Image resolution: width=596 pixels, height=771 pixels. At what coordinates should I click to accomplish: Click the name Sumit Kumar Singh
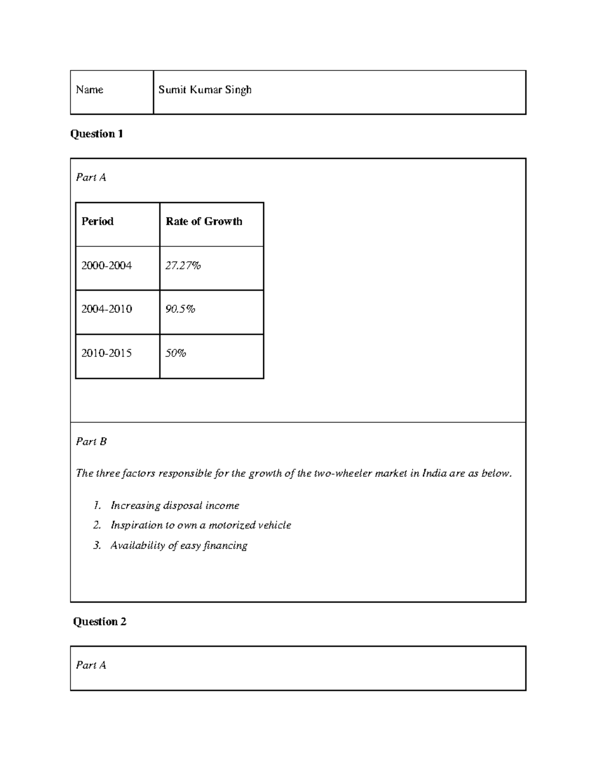[x=205, y=90]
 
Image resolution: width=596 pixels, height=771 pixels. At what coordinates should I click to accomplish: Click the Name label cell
[x=89, y=90]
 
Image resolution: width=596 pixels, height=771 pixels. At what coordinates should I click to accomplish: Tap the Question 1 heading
[x=96, y=134]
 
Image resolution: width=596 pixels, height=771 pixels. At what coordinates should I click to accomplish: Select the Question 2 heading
[x=99, y=622]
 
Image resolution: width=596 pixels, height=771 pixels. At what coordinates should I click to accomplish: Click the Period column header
[x=97, y=221]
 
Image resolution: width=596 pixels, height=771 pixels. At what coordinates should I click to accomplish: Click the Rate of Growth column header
[x=204, y=221]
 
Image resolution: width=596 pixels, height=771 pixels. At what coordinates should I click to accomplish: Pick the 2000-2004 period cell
[x=106, y=266]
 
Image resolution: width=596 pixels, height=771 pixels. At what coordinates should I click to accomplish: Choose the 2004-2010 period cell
[x=106, y=309]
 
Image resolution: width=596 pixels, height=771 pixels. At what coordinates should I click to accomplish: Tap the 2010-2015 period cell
[x=106, y=353]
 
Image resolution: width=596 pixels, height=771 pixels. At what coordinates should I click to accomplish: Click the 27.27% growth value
[x=183, y=266]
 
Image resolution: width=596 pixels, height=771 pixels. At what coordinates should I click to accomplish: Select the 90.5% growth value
[x=180, y=309]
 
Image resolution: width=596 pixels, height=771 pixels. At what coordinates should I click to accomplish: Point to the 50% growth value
[x=176, y=353]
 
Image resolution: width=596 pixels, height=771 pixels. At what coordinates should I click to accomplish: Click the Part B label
[x=91, y=441]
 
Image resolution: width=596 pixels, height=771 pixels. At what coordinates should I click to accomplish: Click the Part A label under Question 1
[x=91, y=177]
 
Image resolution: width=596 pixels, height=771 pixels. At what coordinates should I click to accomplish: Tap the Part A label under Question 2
[x=91, y=665]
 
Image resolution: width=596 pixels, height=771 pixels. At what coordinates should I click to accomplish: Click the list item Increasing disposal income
[x=175, y=505]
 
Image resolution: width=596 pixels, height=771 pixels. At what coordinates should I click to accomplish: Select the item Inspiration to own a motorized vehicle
[x=201, y=525]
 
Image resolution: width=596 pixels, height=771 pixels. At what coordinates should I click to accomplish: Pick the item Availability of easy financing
[x=179, y=546]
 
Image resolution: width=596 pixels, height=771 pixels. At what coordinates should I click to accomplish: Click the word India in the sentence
[x=434, y=473]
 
